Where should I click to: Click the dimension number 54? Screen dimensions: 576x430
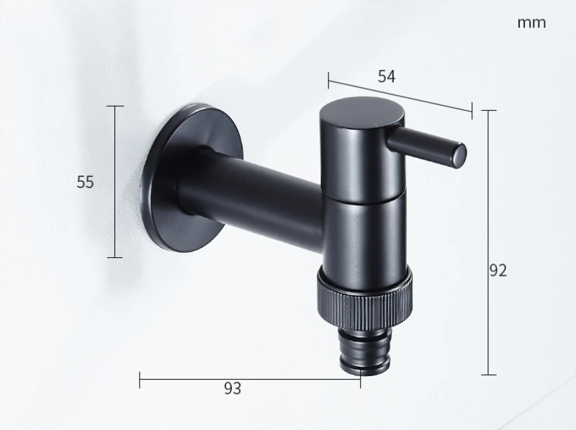click(387, 76)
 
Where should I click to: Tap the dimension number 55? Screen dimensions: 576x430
click(85, 182)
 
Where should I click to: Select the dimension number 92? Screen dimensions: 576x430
click(498, 271)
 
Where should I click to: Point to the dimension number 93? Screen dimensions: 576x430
click(233, 388)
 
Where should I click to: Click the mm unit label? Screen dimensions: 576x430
click(531, 23)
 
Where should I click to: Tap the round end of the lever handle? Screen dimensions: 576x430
click(459, 156)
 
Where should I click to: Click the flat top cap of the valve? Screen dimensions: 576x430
click(362, 112)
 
